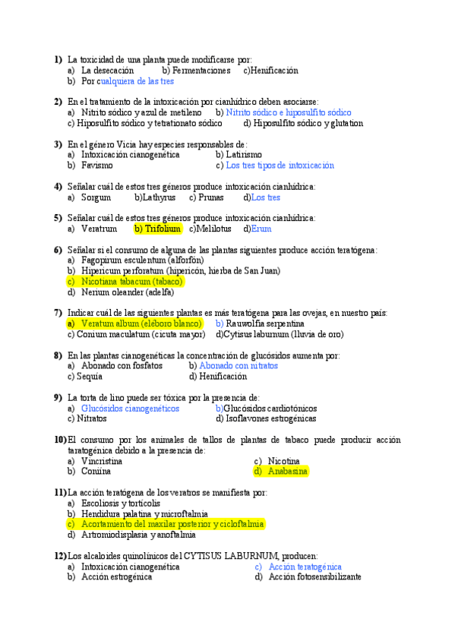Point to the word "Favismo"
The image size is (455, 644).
click(x=97, y=165)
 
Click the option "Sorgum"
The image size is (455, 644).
click(x=97, y=197)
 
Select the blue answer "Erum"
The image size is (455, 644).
click(x=261, y=229)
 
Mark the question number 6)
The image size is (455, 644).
click(x=58, y=250)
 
